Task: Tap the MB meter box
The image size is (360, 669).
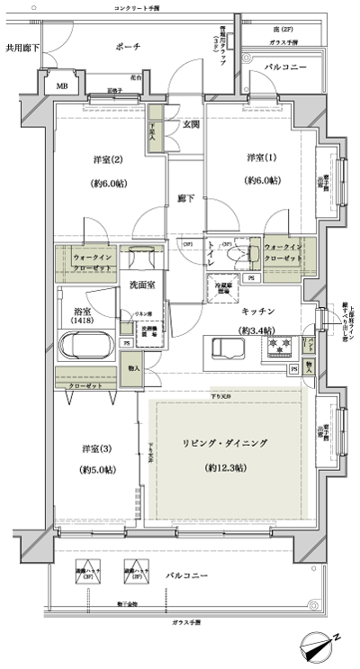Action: [x=62, y=86]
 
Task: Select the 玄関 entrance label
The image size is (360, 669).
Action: [x=191, y=124]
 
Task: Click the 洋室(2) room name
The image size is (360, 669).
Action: [x=105, y=161]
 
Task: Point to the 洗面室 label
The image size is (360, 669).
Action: [x=139, y=285]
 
